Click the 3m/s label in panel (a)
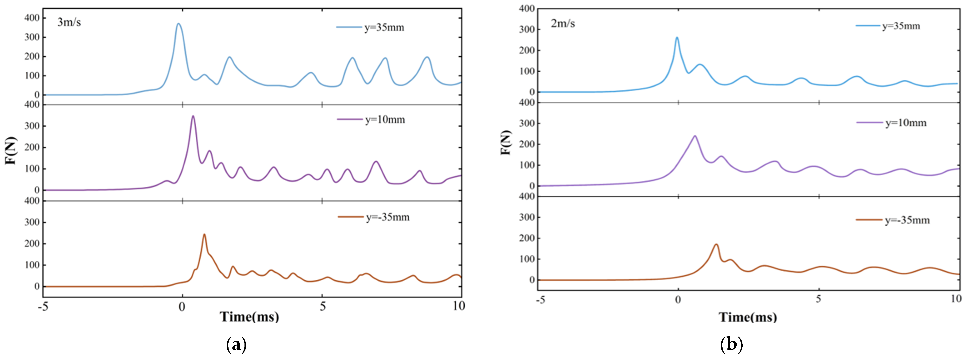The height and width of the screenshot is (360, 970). coord(69,23)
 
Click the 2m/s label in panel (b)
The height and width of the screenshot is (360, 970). coord(563,24)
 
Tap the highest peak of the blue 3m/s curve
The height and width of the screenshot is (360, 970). coord(179,24)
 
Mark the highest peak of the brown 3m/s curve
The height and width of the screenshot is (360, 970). coord(204,235)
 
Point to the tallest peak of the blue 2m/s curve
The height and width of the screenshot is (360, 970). coord(677,37)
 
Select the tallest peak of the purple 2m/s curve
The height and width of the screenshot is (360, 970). coord(695,136)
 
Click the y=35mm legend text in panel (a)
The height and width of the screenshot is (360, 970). coord(384,28)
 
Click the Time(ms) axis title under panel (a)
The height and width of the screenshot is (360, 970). coord(249,317)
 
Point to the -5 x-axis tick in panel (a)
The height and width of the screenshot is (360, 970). coord(43,307)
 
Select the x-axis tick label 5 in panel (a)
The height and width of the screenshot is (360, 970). coord(322,307)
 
